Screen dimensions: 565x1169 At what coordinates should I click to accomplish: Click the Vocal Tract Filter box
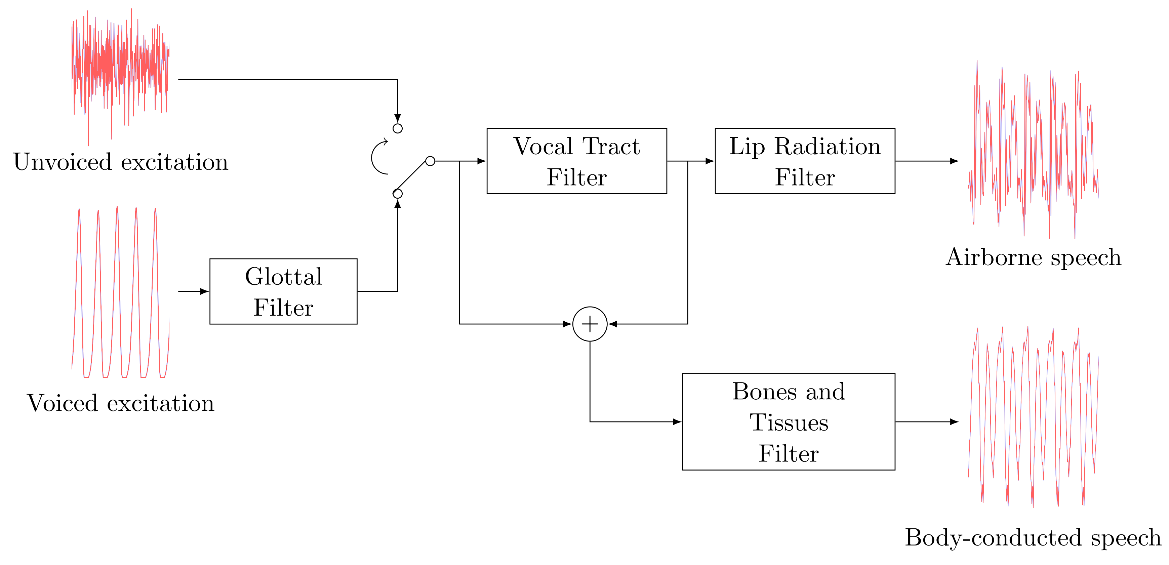coord(576,161)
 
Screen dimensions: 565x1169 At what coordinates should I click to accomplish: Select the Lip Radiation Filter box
coord(805,161)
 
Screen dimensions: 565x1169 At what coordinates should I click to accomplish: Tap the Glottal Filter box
coord(283,291)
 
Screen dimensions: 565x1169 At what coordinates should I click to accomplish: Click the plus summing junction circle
coord(590,324)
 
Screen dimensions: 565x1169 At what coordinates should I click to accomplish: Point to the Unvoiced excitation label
coord(121,162)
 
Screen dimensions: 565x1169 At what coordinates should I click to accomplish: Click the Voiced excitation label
coord(121,403)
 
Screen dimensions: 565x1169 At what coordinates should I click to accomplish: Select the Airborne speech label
coord(1033,258)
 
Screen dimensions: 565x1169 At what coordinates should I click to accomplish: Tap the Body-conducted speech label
coord(1033,538)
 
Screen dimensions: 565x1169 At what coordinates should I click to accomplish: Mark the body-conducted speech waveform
coord(1033,417)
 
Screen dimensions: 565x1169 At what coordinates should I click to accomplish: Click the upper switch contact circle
coord(398,128)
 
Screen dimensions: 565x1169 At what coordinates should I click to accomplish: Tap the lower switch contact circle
coord(398,194)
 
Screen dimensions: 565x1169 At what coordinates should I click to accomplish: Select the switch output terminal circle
coord(430,161)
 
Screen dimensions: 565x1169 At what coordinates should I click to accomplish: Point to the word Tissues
coord(789,422)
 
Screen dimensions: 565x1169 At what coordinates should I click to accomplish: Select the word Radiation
coord(827,147)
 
